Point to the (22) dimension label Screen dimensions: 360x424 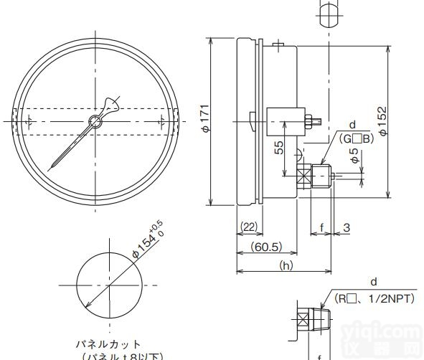pos(248,227)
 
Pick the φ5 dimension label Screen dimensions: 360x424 pos(353,156)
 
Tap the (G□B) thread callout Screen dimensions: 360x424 pos(357,138)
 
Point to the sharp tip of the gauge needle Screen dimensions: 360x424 pos(50,169)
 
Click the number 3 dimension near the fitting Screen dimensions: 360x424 pos(346,227)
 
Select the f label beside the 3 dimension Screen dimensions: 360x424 pos(321,227)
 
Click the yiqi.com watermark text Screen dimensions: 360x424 pos(391,332)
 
